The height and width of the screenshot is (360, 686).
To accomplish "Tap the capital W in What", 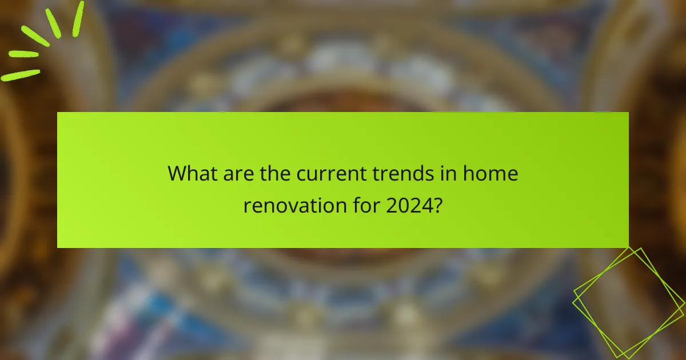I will coord(177,173).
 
